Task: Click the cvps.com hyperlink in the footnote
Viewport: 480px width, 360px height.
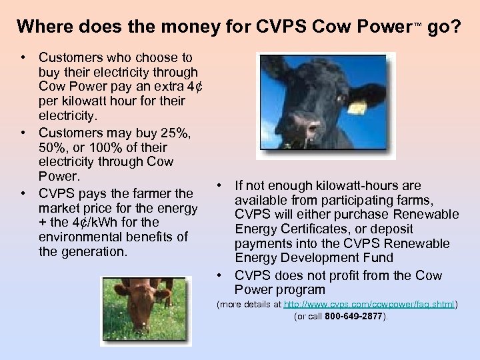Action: point(369,304)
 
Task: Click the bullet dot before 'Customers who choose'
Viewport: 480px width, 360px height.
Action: point(23,58)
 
